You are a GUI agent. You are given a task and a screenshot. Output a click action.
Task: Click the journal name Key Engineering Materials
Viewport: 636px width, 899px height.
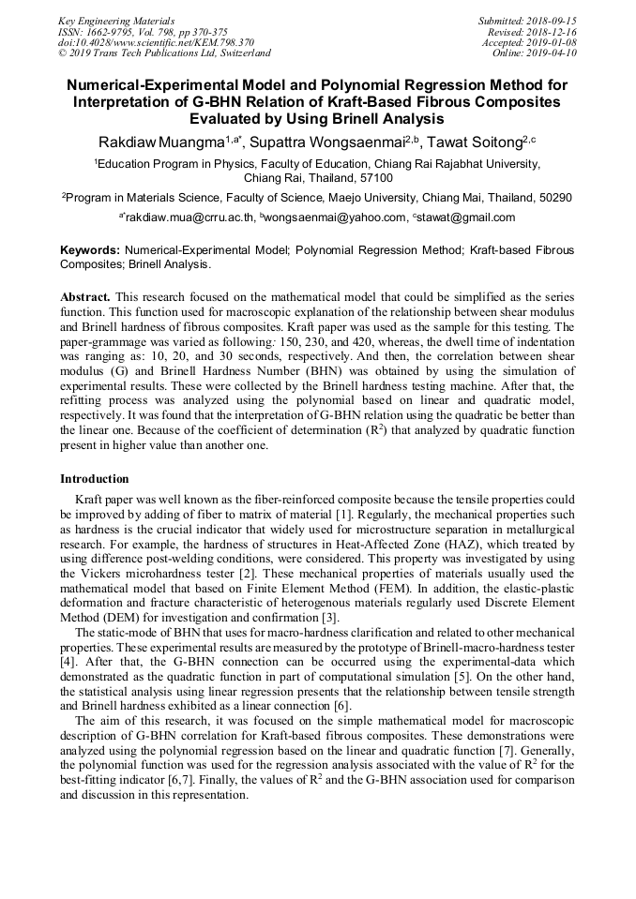pos(116,21)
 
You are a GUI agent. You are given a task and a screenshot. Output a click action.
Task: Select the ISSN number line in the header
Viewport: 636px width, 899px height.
pos(143,32)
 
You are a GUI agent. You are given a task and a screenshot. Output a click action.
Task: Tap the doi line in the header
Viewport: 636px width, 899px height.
pos(156,43)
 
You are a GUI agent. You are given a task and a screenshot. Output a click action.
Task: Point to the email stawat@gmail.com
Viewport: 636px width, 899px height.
pos(466,217)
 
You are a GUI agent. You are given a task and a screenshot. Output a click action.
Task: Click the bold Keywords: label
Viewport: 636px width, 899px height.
pos(90,251)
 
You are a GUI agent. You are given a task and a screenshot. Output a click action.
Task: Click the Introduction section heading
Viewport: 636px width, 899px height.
pos(95,479)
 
